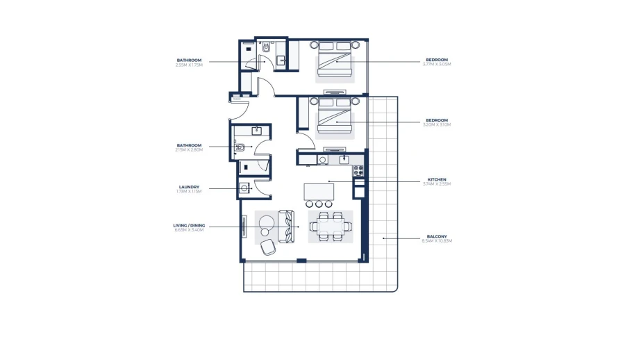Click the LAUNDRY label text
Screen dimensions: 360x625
(189, 187)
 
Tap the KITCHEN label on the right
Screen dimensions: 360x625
(437, 180)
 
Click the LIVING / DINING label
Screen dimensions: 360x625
(188, 225)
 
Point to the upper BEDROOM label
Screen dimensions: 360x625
(437, 60)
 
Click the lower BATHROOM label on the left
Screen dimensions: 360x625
(189, 145)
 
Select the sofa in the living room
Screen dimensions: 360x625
(285, 227)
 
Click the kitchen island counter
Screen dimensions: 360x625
(319, 191)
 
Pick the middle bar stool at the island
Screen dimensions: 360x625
(319, 204)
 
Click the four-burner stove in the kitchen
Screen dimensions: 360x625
(358, 170)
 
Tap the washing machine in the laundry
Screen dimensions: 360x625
(245, 188)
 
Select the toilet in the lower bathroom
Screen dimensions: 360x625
(240, 147)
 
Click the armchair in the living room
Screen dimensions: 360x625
(268, 247)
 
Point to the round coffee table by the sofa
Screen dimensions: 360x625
(267, 224)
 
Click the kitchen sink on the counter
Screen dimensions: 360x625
(344, 160)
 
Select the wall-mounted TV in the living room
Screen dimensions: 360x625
(244, 226)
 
